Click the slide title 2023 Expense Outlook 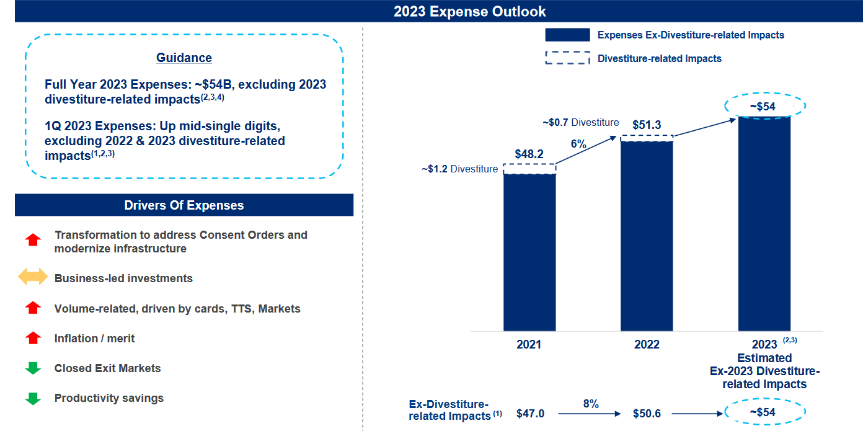pyautogui.click(x=469, y=11)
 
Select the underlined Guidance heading pyautogui.click(x=184, y=58)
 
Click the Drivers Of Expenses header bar pyautogui.click(x=184, y=205)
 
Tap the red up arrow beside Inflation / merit pyautogui.click(x=33, y=338)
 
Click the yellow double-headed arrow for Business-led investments pyautogui.click(x=33, y=278)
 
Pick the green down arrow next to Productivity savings pyautogui.click(x=33, y=398)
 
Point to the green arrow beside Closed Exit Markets pyautogui.click(x=33, y=368)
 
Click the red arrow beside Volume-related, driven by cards pyautogui.click(x=33, y=308)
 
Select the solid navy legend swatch pyautogui.click(x=567, y=35)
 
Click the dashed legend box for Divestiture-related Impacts pyautogui.click(x=567, y=58)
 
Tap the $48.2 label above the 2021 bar pyautogui.click(x=529, y=154)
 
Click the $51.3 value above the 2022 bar pyautogui.click(x=647, y=125)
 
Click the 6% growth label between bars pyautogui.click(x=578, y=144)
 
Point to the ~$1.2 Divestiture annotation pyautogui.click(x=459, y=169)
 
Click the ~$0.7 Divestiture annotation pyautogui.click(x=580, y=123)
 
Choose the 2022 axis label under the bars pyautogui.click(x=647, y=344)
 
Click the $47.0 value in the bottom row pyautogui.click(x=530, y=414)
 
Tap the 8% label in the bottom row pyautogui.click(x=591, y=404)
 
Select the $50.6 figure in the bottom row pyautogui.click(x=647, y=414)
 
